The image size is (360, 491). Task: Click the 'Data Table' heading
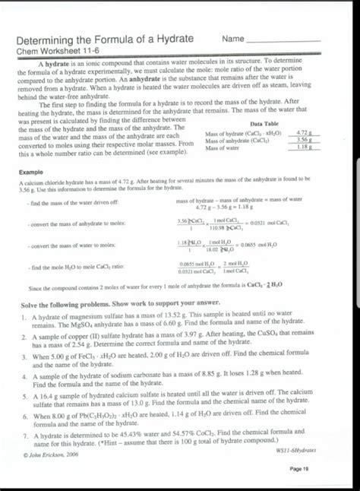click(264, 123)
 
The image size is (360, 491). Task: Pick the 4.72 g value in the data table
click(305, 133)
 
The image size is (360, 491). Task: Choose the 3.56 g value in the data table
click(305, 140)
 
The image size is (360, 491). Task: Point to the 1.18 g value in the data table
click(305, 147)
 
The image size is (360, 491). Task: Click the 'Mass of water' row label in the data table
click(223, 147)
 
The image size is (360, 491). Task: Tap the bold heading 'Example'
click(31, 173)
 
